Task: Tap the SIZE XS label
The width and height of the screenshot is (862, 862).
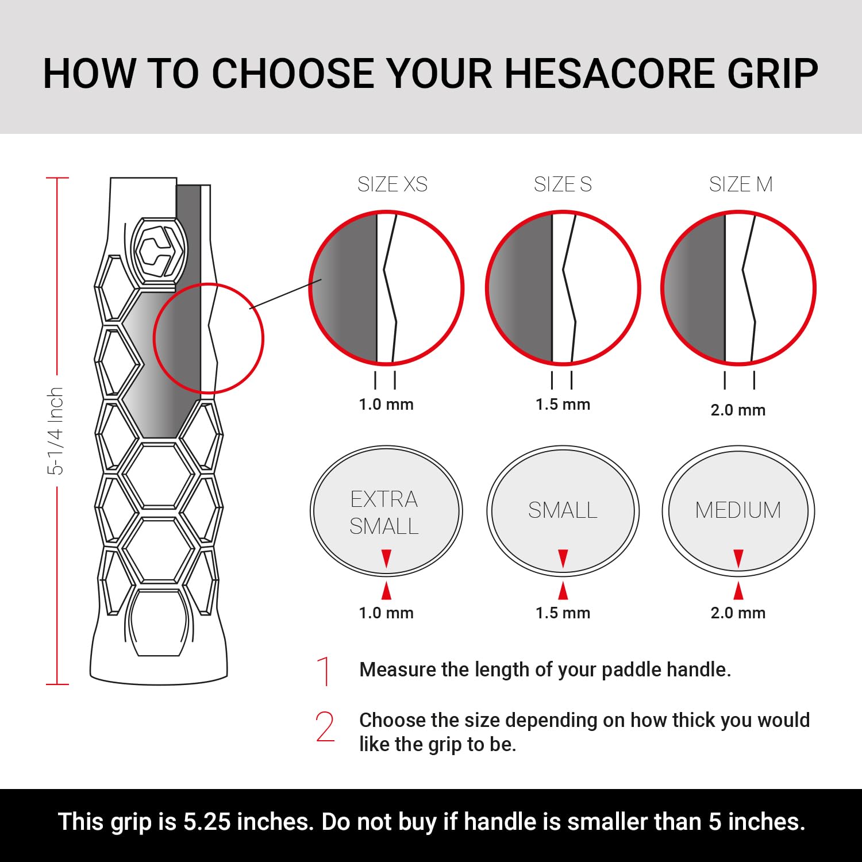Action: click(x=392, y=184)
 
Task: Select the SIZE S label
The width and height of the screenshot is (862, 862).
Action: click(x=563, y=184)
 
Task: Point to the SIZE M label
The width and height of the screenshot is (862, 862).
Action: click(x=740, y=184)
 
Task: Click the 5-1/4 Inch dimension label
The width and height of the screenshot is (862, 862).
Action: click(x=55, y=431)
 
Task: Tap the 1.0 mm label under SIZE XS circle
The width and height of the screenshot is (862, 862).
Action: click(x=386, y=405)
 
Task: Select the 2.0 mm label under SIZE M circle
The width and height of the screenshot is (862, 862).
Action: click(x=738, y=410)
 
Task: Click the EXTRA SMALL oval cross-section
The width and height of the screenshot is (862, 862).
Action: click(x=386, y=510)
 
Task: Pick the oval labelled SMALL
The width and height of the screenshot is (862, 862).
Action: click(x=563, y=510)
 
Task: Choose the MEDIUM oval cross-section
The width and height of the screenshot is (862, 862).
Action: click(x=738, y=510)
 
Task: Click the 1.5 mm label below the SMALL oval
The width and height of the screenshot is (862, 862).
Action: click(x=563, y=613)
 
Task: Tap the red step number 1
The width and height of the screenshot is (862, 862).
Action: click(x=325, y=671)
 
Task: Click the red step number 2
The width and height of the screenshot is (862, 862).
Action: click(x=325, y=726)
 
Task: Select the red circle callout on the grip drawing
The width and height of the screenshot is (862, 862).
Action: click(x=208, y=338)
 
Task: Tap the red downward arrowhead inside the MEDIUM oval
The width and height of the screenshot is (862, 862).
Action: click(x=738, y=558)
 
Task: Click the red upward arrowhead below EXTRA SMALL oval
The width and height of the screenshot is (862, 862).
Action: click(x=386, y=591)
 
